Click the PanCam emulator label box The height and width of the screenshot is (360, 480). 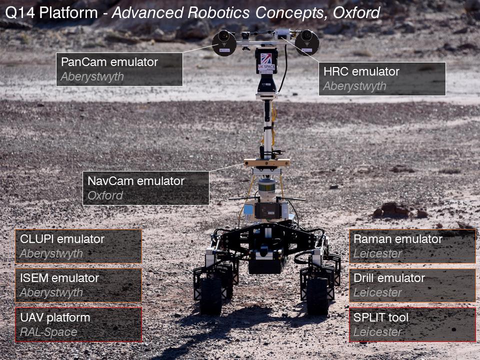click(x=119, y=69)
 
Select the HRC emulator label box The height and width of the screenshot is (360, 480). click(x=382, y=79)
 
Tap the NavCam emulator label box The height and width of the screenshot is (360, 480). click(x=145, y=188)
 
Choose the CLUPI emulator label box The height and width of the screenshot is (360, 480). click(x=78, y=246)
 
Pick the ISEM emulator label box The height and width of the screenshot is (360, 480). click(x=78, y=285)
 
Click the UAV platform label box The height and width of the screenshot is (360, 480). click(x=78, y=324)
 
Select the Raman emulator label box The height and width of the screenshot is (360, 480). click(x=412, y=246)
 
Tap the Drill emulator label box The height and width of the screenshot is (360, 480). click(x=412, y=285)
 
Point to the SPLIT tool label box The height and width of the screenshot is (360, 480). click(x=412, y=324)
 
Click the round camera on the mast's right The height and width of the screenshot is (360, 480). click(x=306, y=41)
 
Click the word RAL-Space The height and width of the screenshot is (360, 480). click(x=48, y=331)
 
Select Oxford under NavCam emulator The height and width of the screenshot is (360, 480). click(x=105, y=195)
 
